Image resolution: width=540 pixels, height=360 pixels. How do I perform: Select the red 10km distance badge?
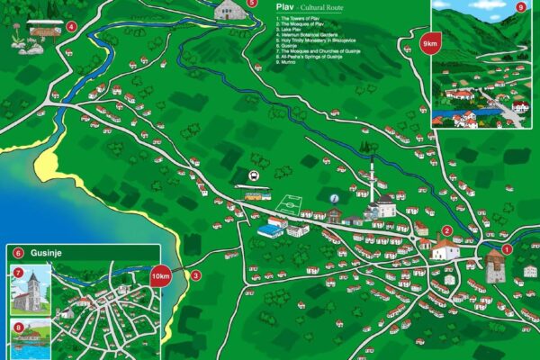[x=161, y=276]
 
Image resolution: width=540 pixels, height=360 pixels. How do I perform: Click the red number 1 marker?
[x=507, y=249]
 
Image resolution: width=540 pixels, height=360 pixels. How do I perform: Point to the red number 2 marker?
[x=446, y=231]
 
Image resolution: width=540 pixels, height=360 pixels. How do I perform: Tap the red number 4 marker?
[x=71, y=26]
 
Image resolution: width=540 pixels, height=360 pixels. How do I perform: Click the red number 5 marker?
[x=251, y=3]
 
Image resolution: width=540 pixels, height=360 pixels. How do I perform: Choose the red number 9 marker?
[x=521, y=7]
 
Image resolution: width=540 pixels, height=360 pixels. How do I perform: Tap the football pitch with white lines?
[x=290, y=203]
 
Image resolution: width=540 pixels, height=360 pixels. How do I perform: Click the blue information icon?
[x=335, y=198]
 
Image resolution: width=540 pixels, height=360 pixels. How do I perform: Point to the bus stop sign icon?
[x=254, y=175]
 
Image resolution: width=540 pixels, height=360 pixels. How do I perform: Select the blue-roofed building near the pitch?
[x=270, y=230]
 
